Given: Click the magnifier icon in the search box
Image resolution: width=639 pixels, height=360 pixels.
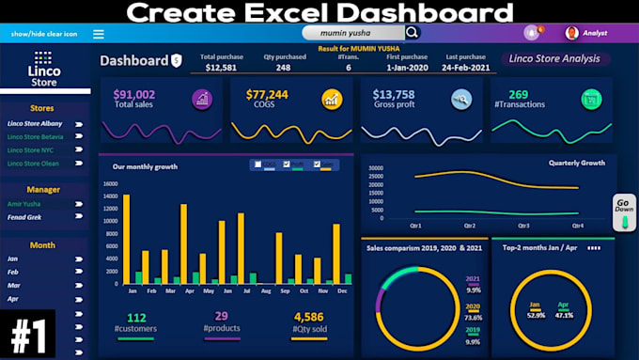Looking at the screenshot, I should tap(413, 33).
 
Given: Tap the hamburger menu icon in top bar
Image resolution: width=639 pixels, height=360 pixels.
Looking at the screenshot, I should tap(99, 34).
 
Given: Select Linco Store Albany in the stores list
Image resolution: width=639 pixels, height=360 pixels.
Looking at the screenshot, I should tap(36, 123).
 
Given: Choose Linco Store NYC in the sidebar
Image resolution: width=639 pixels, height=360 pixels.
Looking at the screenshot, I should tap(32, 150).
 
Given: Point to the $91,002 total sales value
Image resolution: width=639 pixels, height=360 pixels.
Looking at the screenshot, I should tap(134, 95).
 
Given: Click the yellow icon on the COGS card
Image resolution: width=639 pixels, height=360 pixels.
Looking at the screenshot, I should tap(331, 99).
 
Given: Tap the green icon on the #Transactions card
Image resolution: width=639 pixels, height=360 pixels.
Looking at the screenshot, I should tap(591, 99).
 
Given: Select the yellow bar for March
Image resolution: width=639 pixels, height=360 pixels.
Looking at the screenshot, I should tap(164, 266).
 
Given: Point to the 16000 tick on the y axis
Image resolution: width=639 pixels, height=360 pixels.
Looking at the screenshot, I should tap(109, 184).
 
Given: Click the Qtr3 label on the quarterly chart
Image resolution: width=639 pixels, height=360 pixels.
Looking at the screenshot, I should tap(522, 226).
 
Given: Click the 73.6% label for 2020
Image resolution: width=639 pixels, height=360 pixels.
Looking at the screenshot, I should tap(474, 318).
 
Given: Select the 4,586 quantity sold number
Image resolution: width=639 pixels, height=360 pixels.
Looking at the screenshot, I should tap(308, 318).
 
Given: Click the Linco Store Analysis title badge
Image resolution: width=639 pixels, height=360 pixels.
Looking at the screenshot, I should tap(553, 58).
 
